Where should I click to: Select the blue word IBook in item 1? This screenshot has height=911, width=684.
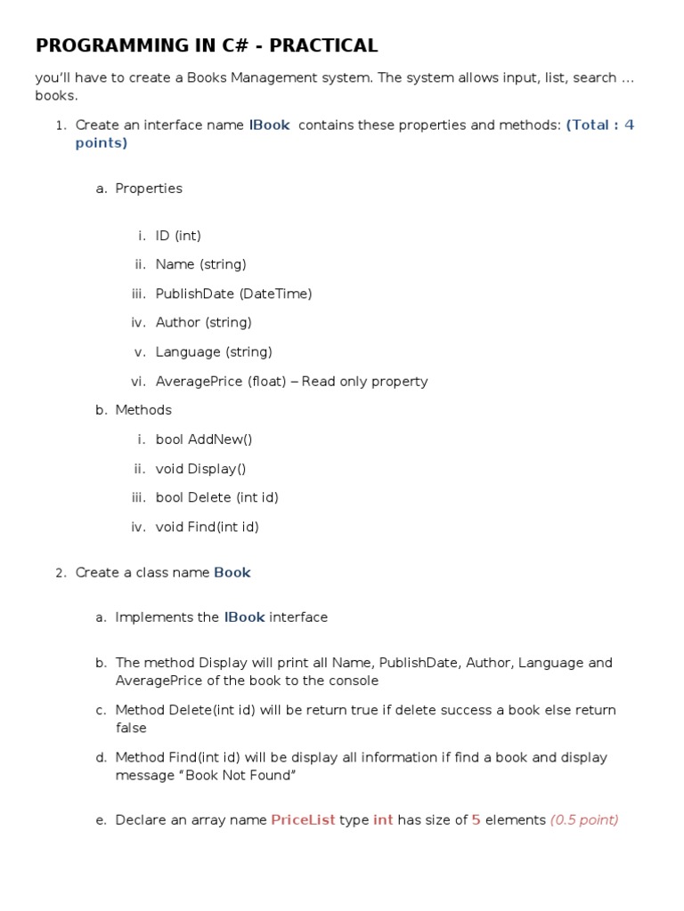coord(269,125)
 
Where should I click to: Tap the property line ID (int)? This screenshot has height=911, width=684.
coord(178,236)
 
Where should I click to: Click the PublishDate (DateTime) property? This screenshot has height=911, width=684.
coord(233,294)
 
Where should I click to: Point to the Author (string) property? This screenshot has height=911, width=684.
coord(203,323)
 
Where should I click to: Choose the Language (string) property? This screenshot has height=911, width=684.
coord(214,352)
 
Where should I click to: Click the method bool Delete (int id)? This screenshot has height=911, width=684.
coord(216,498)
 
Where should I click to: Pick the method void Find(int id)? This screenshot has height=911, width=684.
coord(207,528)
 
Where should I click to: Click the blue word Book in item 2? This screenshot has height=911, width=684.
coord(232,573)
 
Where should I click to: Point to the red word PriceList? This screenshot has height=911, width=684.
coord(303,820)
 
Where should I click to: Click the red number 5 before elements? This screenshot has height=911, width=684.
coord(476,820)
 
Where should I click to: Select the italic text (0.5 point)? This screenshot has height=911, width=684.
coord(584,820)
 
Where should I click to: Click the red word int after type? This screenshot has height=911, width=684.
coord(383,820)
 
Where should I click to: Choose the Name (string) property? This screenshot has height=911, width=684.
coord(200,264)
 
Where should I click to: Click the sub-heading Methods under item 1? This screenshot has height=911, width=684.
coord(143,410)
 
